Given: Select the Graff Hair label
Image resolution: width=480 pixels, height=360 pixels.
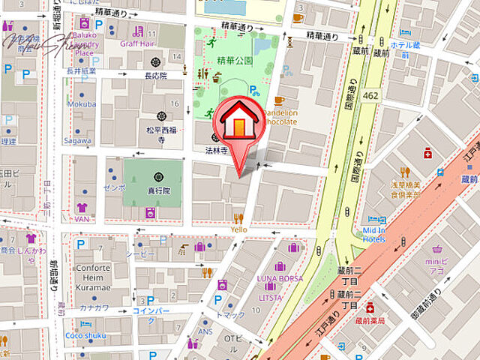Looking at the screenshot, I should [136, 43].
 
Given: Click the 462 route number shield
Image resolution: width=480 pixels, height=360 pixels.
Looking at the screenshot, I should [369, 95].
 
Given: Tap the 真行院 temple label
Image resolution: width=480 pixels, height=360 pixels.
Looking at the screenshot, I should [158, 190].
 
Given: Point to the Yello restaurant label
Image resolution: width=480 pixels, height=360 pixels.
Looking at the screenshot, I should [239, 229].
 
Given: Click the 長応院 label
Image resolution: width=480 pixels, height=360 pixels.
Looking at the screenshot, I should [155, 75].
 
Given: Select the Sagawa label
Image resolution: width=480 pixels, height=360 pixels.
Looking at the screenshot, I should [77, 140].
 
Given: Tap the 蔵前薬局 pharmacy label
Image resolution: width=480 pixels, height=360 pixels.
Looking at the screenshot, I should [369, 320].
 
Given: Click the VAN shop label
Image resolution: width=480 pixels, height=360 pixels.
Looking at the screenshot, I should [82, 219].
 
